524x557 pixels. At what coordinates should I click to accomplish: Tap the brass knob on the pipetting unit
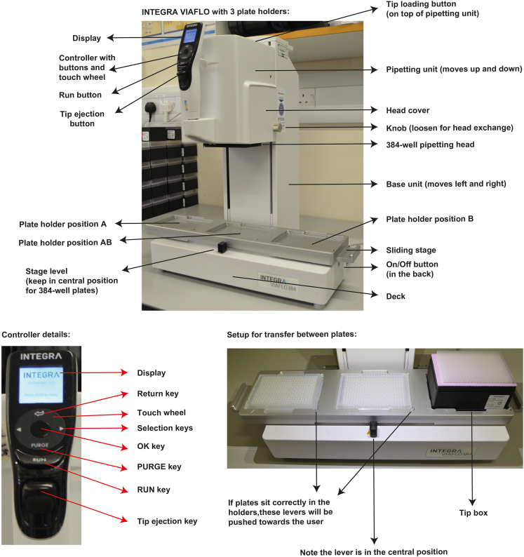point(278,127)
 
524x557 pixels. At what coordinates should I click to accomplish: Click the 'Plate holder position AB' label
point(67,242)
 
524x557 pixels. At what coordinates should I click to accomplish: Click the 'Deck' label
point(395,296)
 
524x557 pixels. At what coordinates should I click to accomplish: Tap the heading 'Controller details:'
point(38,334)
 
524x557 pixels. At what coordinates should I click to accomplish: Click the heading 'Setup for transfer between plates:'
point(292,334)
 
